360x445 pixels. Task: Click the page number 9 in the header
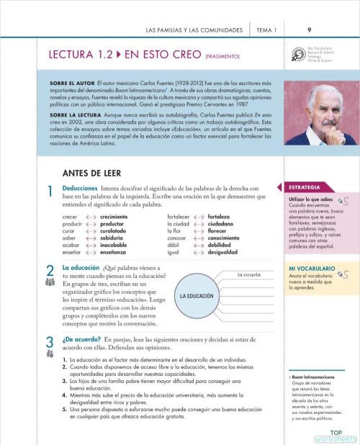309,30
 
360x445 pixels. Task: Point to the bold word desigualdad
228,252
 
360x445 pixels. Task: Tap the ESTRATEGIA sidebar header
305,186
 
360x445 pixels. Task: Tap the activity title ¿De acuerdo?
81,338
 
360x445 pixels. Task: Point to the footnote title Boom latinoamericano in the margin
313,377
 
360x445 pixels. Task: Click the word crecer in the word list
70,216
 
